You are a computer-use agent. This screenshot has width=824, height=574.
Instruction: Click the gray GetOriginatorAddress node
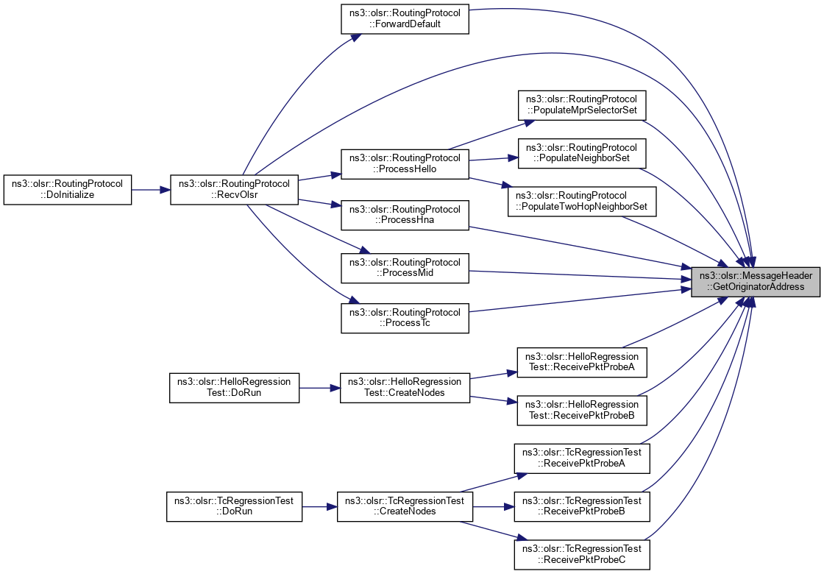click(x=756, y=281)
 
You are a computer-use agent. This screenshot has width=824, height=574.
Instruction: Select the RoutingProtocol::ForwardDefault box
click(x=405, y=17)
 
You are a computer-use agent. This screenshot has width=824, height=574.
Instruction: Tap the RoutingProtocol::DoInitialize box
click(x=68, y=189)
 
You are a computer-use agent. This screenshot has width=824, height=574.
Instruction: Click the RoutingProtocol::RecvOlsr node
click(x=234, y=189)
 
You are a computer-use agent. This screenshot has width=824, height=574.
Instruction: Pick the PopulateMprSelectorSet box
click(x=582, y=105)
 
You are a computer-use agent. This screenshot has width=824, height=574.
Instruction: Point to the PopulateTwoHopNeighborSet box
click(x=582, y=201)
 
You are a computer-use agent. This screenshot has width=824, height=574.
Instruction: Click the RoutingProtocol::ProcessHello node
click(x=405, y=163)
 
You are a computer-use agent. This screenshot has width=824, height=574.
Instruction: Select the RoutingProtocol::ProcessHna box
click(x=405, y=215)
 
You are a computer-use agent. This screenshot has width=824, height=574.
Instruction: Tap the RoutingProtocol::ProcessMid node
click(x=405, y=267)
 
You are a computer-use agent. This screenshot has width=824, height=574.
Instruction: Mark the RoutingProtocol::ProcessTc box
click(x=405, y=317)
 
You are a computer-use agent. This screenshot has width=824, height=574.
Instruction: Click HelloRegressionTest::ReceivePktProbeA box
click(x=582, y=362)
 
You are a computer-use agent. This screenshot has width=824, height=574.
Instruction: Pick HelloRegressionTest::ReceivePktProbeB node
click(x=582, y=410)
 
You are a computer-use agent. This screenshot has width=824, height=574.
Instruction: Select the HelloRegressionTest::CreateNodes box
click(x=405, y=387)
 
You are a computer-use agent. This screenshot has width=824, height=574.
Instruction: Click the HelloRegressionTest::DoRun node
click(x=234, y=387)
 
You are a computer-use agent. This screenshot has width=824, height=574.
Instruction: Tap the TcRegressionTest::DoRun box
click(x=234, y=506)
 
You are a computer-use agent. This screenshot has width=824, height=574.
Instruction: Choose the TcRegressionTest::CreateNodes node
click(x=405, y=506)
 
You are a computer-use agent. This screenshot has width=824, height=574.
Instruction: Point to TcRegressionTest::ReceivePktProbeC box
click(x=582, y=554)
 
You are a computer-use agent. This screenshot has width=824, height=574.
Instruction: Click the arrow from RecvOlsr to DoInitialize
click(x=151, y=189)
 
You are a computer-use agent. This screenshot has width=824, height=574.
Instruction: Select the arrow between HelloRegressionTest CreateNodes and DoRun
click(x=319, y=387)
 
